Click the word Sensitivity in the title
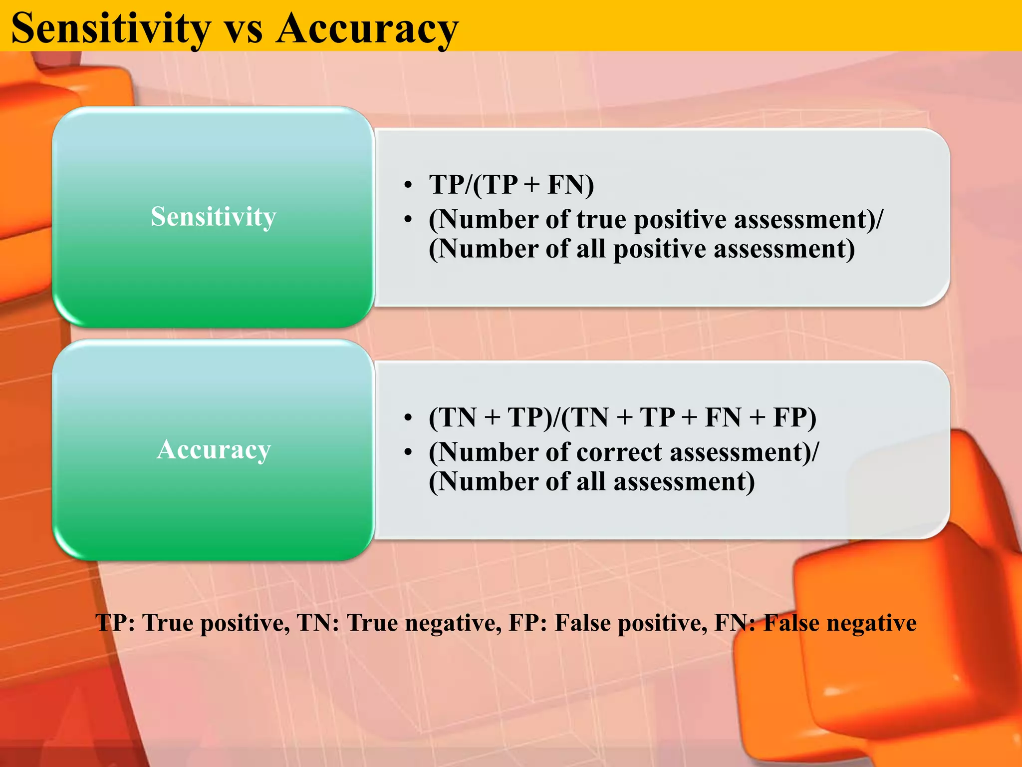coord(111,28)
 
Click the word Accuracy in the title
coord(367,28)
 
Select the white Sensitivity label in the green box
coord(213,217)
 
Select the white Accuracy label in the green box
coord(214,449)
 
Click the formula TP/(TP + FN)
coord(511,185)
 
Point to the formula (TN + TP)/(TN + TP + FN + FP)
coord(622,417)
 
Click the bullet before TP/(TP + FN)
coord(408,185)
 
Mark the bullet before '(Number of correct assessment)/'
coord(408,452)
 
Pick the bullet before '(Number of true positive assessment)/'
coord(408,220)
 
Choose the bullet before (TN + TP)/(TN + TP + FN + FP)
coord(408,417)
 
